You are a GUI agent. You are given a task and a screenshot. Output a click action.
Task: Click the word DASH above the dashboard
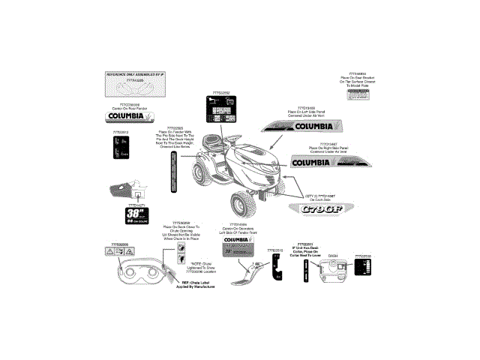[333, 256]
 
